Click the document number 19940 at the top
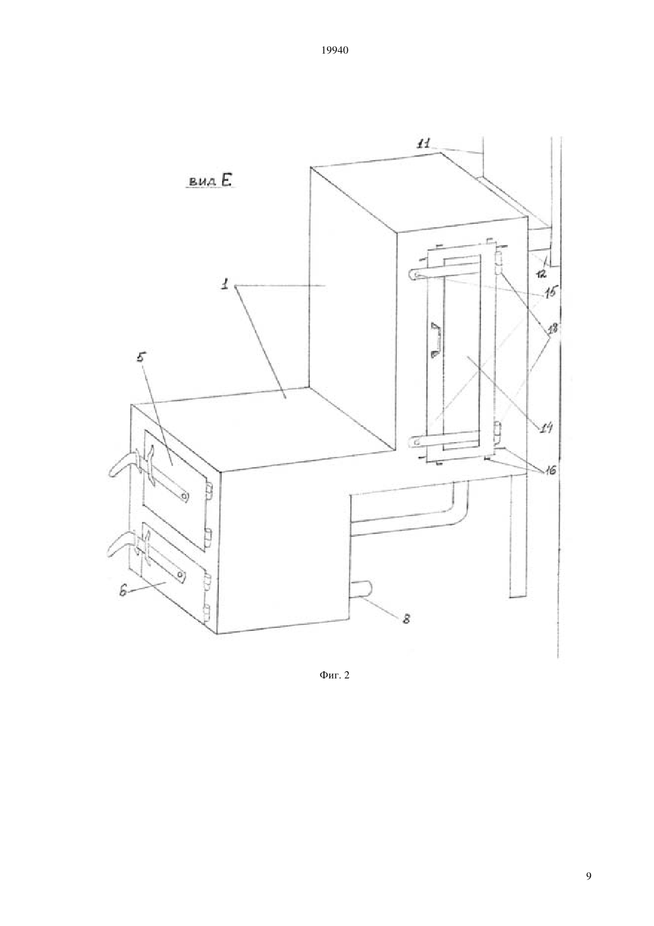[335, 51]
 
